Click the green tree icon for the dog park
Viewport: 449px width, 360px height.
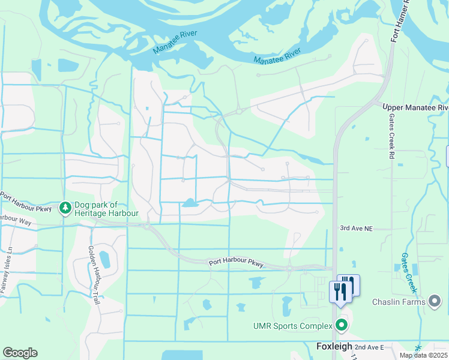[65, 208]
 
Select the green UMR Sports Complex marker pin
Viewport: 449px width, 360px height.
[342, 326]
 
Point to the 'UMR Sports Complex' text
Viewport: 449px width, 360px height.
[292, 326]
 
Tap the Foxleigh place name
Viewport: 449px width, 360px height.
[334, 347]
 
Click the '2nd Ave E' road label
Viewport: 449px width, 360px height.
[369, 347]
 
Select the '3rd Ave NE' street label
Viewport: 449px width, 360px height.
[357, 229]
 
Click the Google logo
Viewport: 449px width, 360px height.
[20, 353]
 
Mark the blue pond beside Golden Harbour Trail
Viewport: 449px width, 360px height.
[104, 259]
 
